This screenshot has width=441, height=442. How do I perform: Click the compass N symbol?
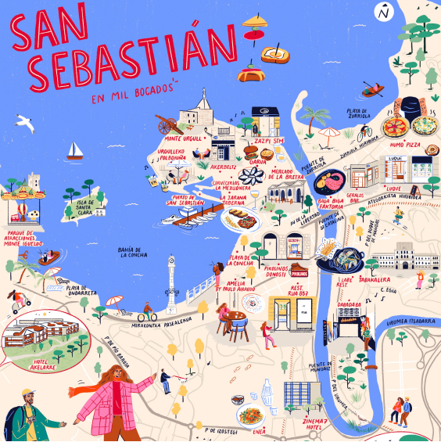[x=383, y=13]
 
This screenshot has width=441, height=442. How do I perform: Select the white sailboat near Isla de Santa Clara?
[x=75, y=149]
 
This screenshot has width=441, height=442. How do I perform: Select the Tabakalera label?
[x=375, y=278]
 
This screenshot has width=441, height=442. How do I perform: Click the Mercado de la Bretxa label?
[x=286, y=173]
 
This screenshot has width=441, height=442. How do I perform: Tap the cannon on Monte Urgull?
[x=167, y=124]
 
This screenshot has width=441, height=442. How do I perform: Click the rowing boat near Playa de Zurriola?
[x=374, y=90]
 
